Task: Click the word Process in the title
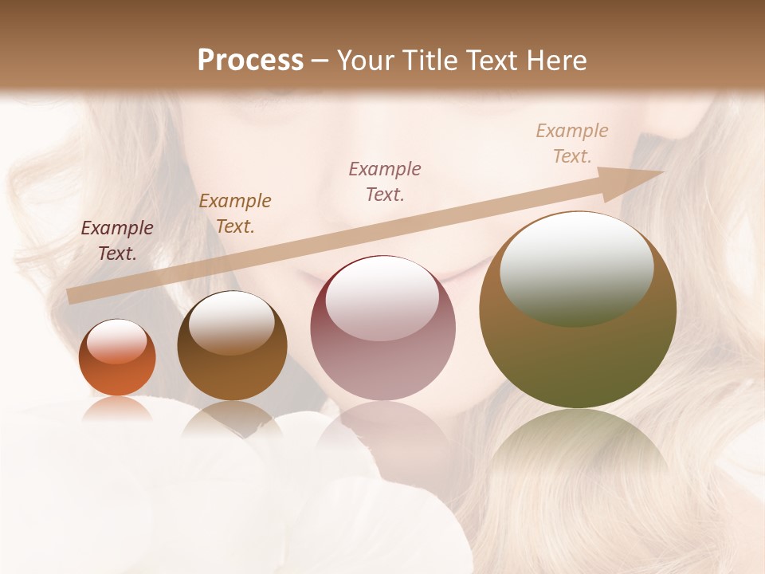click(x=250, y=61)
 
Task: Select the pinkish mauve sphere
click(x=383, y=328)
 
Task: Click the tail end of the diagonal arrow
click(x=74, y=296)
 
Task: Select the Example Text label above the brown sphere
click(x=235, y=214)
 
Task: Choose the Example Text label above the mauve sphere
click(x=385, y=182)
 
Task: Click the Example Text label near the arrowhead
click(x=572, y=143)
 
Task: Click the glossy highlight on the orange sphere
click(x=117, y=341)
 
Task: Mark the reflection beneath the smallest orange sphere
click(x=117, y=408)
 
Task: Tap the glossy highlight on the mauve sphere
click(x=382, y=300)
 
